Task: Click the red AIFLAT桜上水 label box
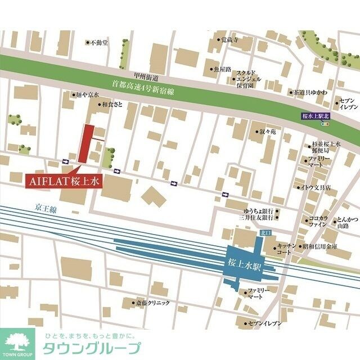pyautogui.click(x=62, y=182)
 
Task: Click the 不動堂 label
pyautogui.click(x=100, y=42)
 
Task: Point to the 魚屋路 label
pyautogui.click(x=222, y=69)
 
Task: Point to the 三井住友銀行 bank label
pyautogui.click(x=256, y=217)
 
